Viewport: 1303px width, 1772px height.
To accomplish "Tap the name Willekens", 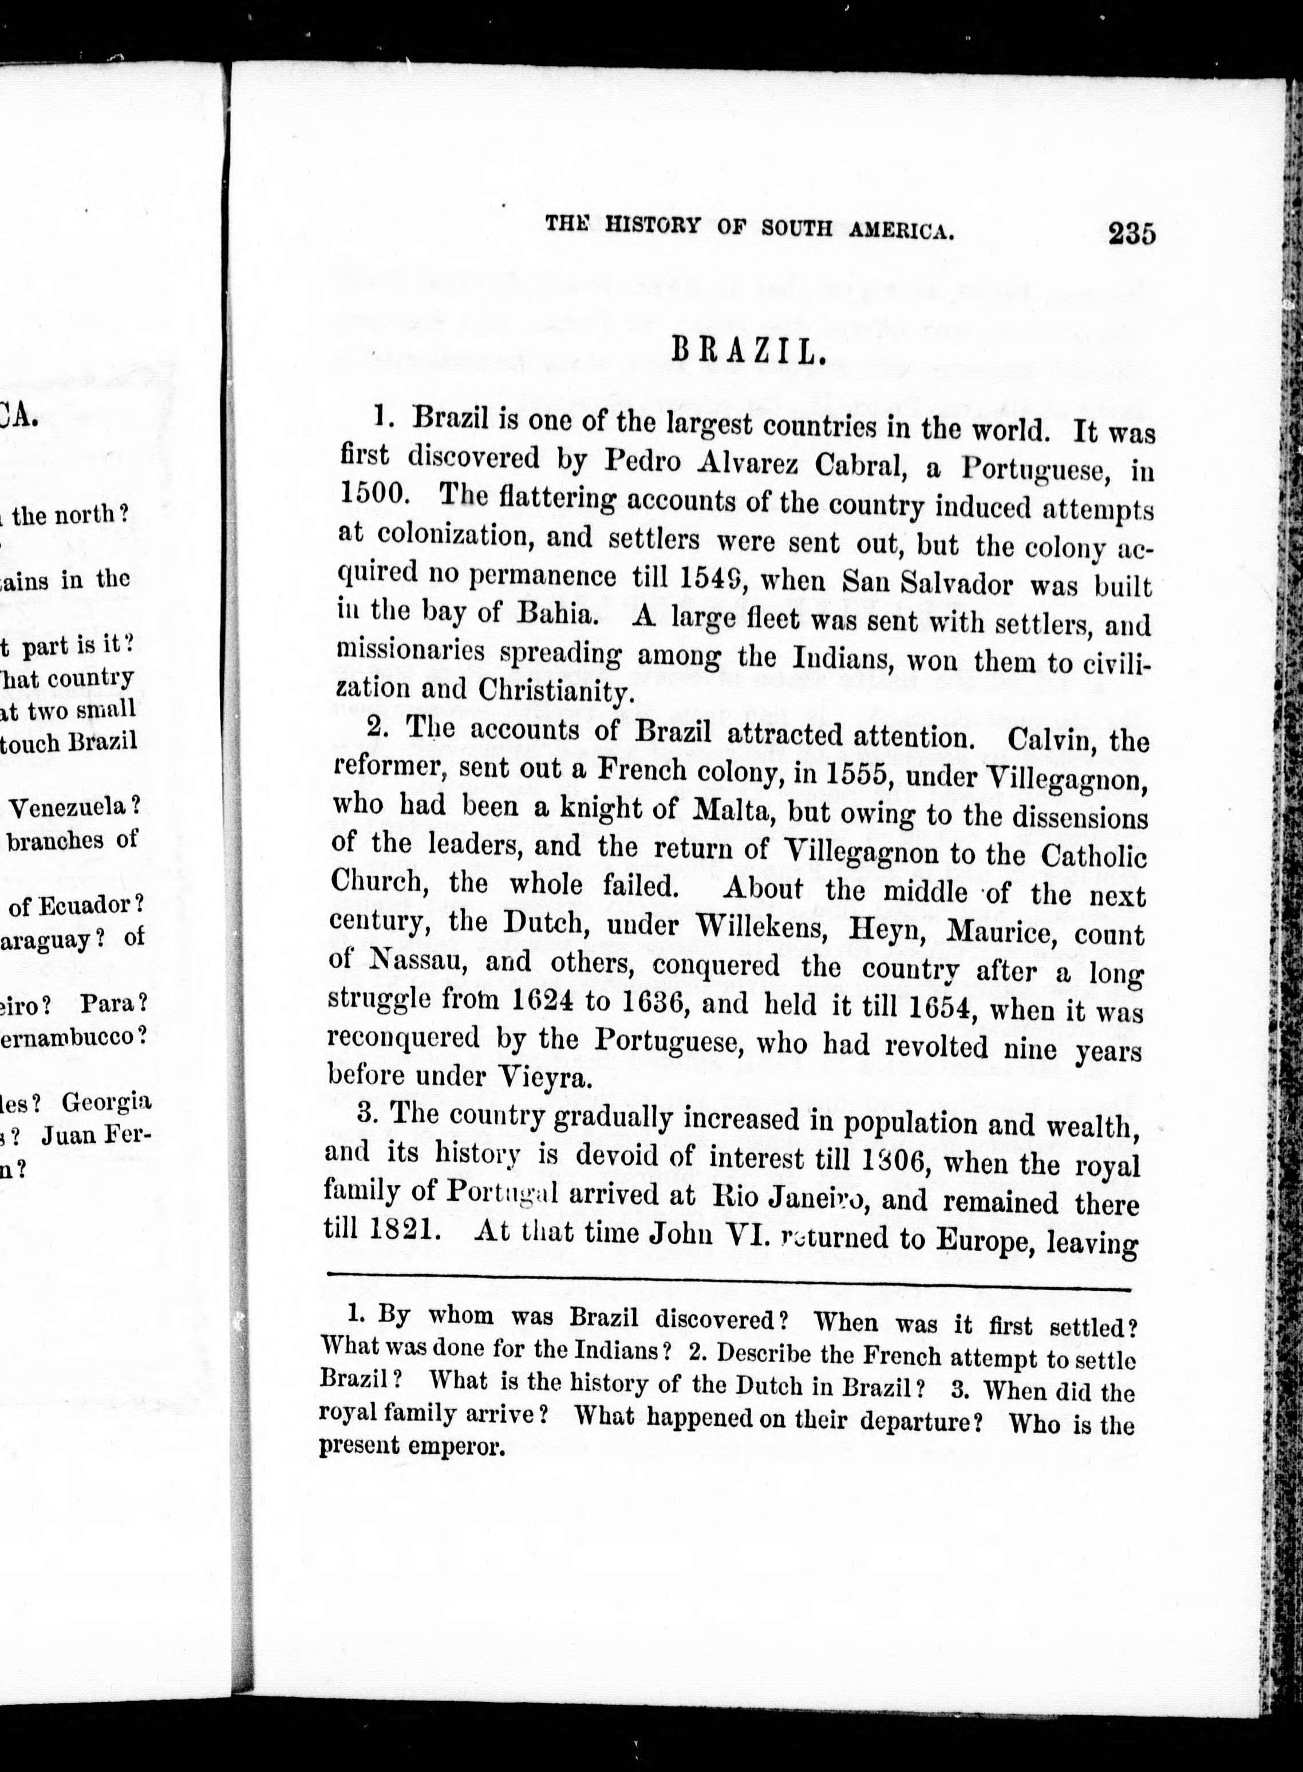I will tap(764, 927).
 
